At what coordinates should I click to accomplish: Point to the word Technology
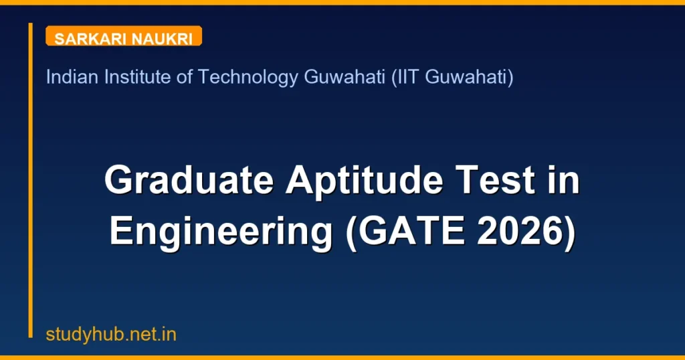(248, 78)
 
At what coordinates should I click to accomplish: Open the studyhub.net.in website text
(111, 335)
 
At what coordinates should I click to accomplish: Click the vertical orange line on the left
(30, 181)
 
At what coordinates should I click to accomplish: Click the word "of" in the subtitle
(184, 78)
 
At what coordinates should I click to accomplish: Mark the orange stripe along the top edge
(342, 2)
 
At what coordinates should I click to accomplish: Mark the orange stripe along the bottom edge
(342, 357)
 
